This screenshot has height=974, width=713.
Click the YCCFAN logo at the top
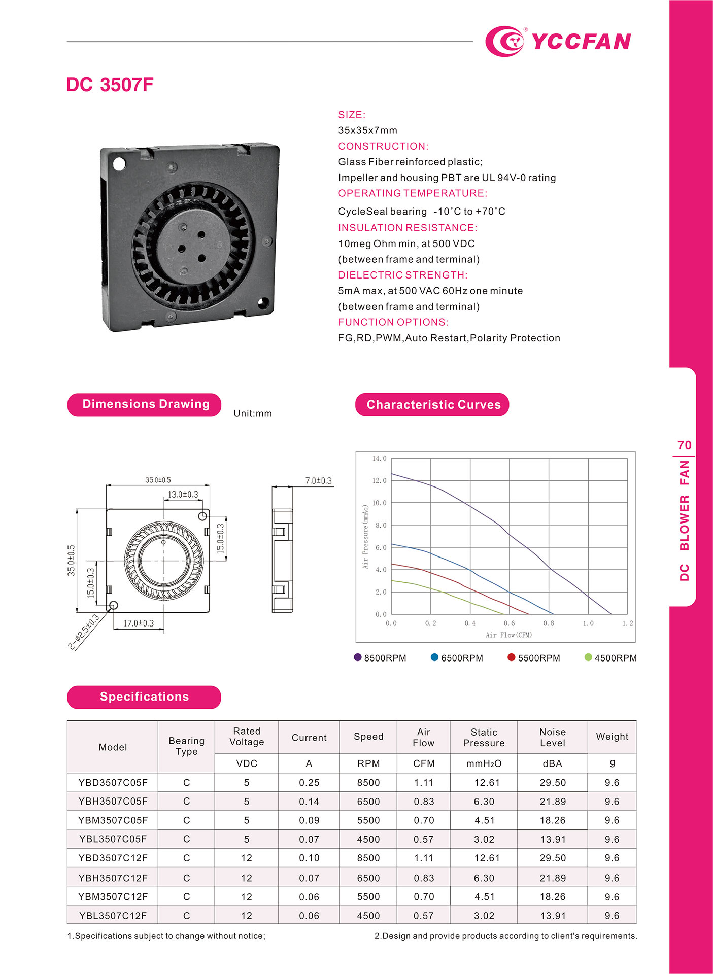558,41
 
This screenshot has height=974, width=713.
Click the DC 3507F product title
110,85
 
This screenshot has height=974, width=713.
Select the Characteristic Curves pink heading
432,405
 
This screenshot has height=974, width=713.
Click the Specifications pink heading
144,697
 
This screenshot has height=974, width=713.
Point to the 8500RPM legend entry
381,658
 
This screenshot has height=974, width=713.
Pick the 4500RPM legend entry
611,658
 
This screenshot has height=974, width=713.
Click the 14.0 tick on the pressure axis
379,459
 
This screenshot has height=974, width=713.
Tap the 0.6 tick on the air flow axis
509,623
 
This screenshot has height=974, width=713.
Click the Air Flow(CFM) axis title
508,635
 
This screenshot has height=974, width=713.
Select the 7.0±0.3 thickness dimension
318,480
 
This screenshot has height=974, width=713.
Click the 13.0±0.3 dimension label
183,494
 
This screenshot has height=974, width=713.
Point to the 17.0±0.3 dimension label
139,623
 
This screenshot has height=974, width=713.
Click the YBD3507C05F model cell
113,783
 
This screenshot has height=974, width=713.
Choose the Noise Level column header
552,738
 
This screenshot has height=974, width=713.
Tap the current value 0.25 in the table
309,783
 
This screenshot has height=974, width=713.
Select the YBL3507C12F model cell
113,916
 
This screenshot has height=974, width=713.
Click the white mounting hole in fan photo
119,164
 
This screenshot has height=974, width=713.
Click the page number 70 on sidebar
684,445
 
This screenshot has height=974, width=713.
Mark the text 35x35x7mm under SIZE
367,130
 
